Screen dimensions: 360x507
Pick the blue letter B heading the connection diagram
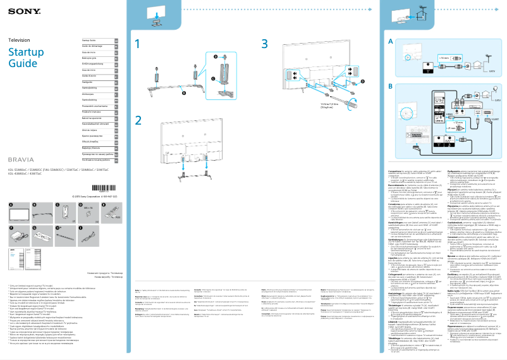tap(391, 86)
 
